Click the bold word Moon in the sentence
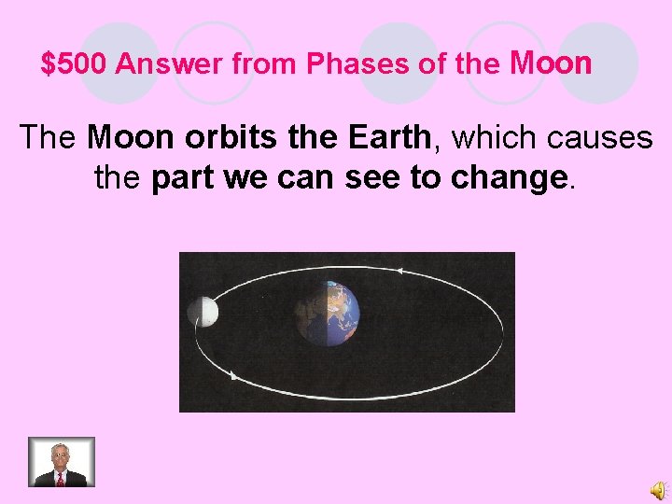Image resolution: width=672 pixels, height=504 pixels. coord(131,137)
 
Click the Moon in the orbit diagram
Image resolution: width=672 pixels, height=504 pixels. coord(203,313)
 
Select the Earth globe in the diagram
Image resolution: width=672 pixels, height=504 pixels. coord(327,313)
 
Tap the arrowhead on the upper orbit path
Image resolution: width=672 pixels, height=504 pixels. coord(399,271)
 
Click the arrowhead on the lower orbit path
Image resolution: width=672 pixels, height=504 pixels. coord(232,376)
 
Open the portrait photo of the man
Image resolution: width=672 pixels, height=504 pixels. coord(61,462)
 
